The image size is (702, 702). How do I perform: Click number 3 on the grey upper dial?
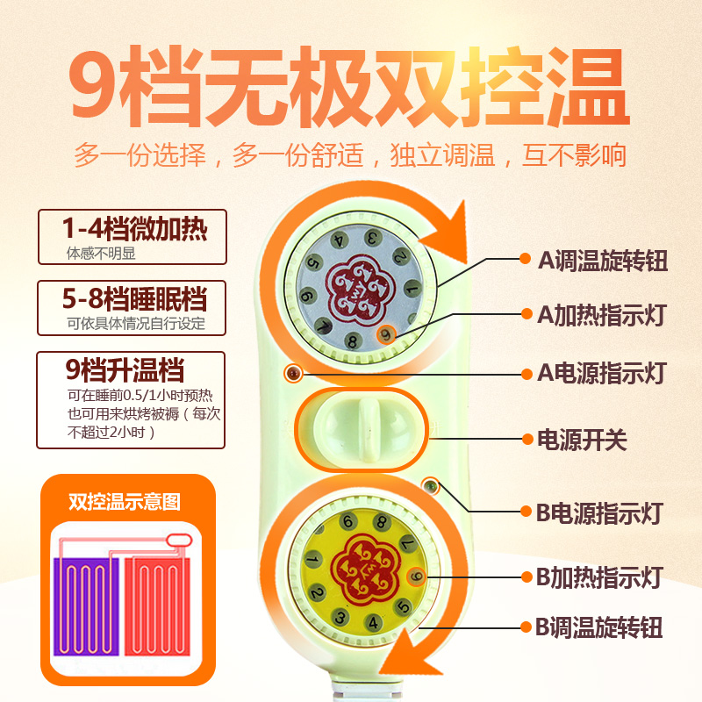(x=372, y=237)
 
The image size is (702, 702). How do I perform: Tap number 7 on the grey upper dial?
(x=323, y=327)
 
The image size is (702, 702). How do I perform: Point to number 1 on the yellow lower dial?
(x=312, y=560)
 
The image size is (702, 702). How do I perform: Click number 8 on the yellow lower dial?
(x=381, y=523)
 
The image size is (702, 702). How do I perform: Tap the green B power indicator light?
(x=431, y=485)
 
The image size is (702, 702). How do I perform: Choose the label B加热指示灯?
(x=598, y=577)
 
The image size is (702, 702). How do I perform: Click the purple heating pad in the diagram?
(x=86, y=598)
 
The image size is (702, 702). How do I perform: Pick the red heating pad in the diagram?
(x=156, y=597)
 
